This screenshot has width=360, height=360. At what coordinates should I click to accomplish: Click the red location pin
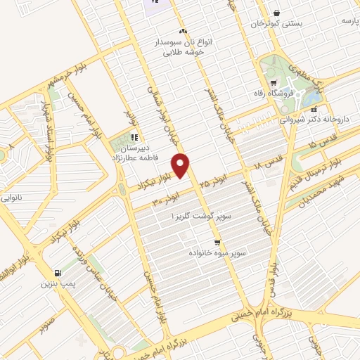click(x=182, y=165)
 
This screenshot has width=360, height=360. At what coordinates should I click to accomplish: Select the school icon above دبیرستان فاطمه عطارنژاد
click(x=134, y=137)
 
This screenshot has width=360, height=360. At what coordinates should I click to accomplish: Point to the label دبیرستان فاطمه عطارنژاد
click(x=133, y=154)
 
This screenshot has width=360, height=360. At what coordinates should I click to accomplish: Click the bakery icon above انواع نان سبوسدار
click(x=183, y=31)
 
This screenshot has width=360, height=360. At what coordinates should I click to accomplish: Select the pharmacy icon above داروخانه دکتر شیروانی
click(x=314, y=110)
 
